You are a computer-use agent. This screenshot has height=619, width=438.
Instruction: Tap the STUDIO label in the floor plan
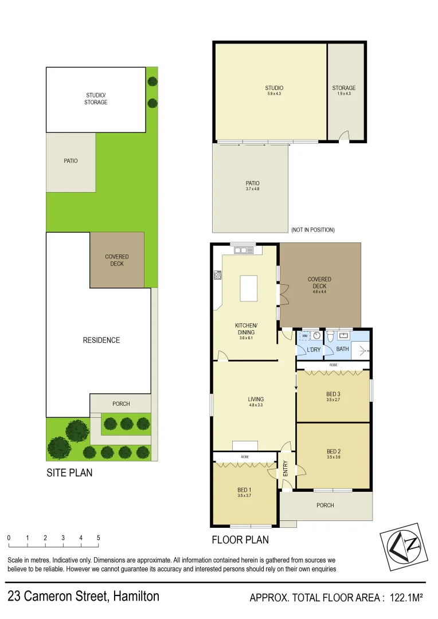point(274,88)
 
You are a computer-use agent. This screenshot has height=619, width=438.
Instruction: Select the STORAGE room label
point(343,88)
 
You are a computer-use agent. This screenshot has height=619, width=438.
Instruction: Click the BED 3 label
point(333,394)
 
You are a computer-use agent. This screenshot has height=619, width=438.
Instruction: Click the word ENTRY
point(286,469)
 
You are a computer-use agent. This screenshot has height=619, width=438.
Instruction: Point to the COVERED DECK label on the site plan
point(117,260)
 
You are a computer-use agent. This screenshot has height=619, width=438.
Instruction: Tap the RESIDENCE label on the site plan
point(101,340)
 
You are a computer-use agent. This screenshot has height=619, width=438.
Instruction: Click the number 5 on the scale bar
point(99,538)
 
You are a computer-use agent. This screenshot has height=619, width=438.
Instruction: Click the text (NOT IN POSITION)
point(312,230)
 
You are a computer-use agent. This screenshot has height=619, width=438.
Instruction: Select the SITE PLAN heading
point(69,473)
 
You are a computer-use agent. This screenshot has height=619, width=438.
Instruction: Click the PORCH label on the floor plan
point(324,505)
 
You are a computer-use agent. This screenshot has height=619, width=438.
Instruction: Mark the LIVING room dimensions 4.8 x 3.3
point(256,405)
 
